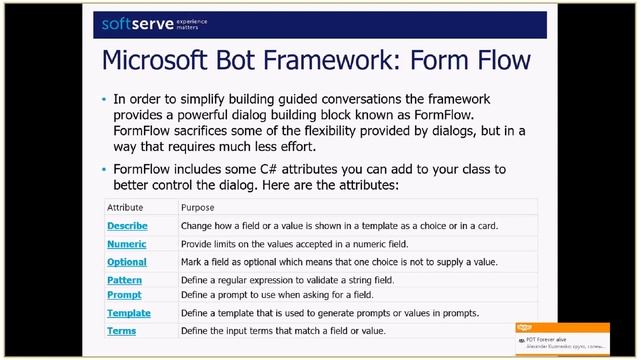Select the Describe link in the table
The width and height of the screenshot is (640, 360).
126,226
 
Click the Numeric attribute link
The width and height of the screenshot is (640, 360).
126,244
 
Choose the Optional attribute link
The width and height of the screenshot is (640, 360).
126,262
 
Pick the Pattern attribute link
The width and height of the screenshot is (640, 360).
124,280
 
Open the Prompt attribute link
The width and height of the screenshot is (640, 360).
124,295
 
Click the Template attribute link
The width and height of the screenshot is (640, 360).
128,313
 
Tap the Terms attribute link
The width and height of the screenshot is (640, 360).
121,331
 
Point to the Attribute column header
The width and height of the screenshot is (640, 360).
125,207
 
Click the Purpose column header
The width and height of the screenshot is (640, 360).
197,207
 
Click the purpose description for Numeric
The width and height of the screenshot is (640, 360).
311,244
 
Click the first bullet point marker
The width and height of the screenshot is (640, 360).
104,101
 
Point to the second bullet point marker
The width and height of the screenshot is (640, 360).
104,170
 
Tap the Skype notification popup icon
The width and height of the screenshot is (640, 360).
524,328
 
